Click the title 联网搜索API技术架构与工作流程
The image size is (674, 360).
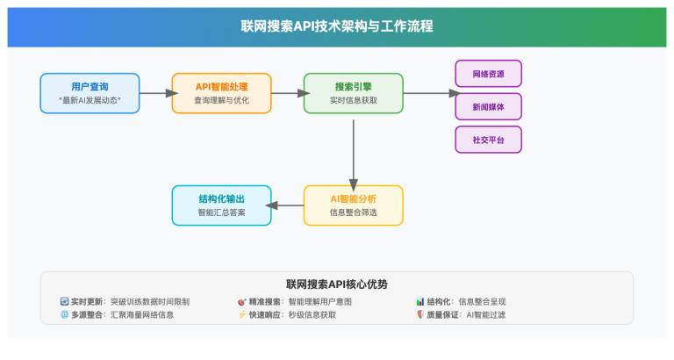pos(336,26)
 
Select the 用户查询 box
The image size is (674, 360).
pos(90,93)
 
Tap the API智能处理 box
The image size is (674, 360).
pos(221,93)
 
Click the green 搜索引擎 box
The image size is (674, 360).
pos(353,93)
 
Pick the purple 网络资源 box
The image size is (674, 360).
pos(488,73)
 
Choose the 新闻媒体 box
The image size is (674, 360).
pos(488,106)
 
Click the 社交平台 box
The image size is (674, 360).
pos(488,140)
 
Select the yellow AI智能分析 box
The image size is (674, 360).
pos(353,205)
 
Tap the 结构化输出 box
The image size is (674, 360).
pos(221,205)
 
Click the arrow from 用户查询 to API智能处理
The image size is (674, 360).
pos(154,93)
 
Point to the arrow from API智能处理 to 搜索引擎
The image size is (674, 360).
pos(286,93)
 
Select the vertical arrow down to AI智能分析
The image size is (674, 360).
pos(353,149)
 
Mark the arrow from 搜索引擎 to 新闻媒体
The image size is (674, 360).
pos(430,93)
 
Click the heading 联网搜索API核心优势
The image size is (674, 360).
pos(336,284)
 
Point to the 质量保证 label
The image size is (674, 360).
pos(444,314)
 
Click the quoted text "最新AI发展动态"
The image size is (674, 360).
pos(90,101)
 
